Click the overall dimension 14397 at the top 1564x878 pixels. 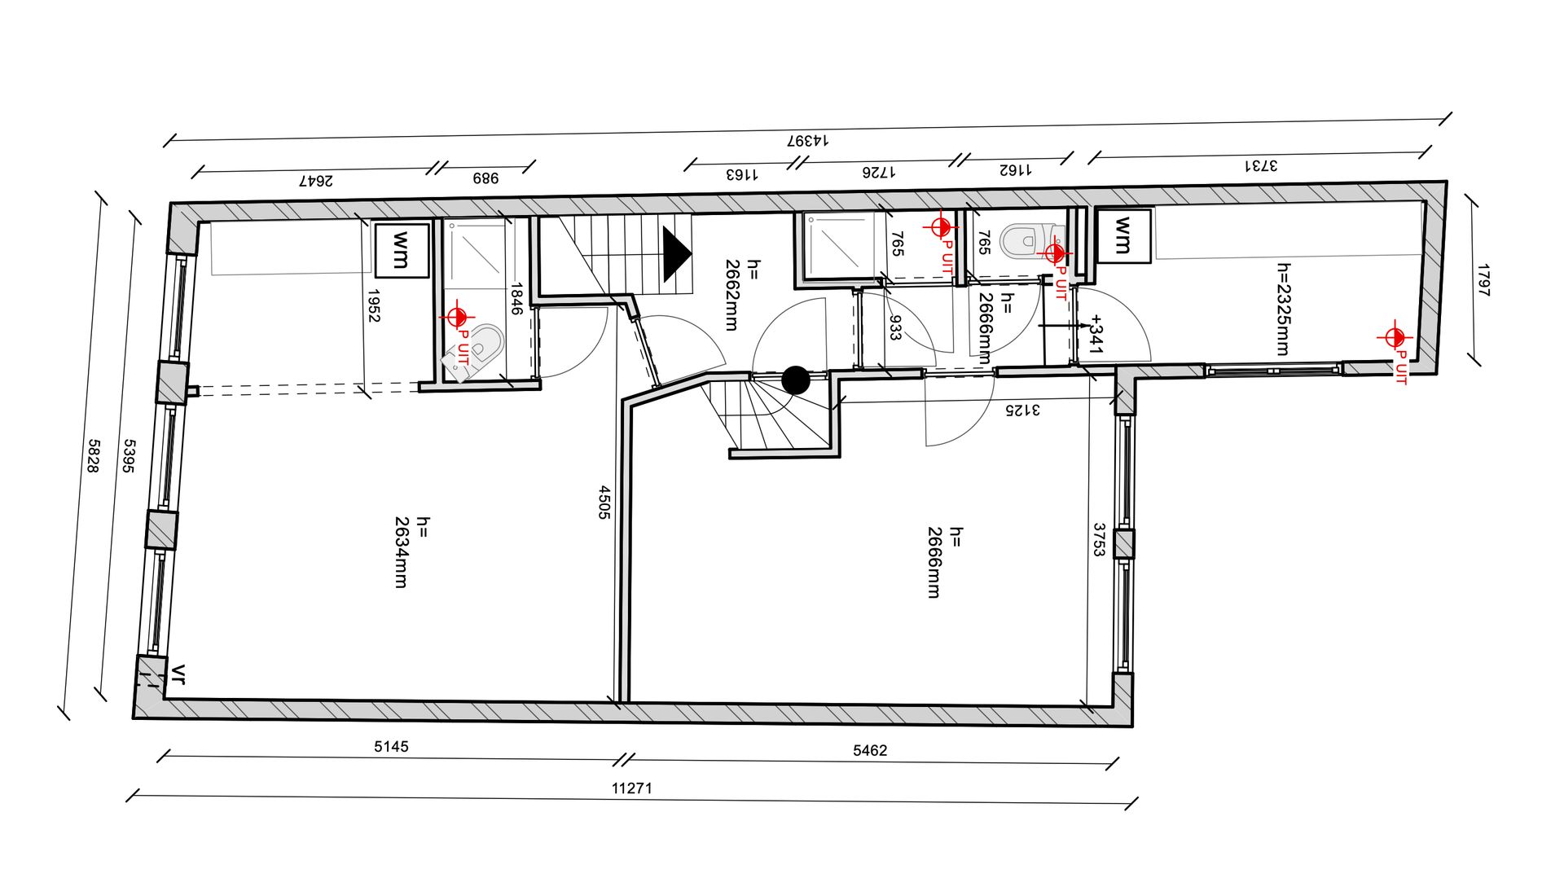(807, 140)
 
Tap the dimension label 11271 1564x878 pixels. (632, 788)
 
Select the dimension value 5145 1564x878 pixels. (391, 746)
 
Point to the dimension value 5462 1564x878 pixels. (870, 750)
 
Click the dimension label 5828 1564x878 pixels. (93, 456)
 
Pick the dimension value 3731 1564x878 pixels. (1260, 165)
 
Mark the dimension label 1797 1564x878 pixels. (1483, 280)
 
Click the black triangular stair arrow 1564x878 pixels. (676, 254)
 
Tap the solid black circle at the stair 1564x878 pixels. (795, 380)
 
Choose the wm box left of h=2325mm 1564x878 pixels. (1123, 235)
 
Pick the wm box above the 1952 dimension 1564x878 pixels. (401, 251)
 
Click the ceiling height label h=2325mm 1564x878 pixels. (1283, 309)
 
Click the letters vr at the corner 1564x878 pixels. (178, 674)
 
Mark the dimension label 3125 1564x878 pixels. (1021, 410)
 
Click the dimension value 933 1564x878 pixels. (895, 327)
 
